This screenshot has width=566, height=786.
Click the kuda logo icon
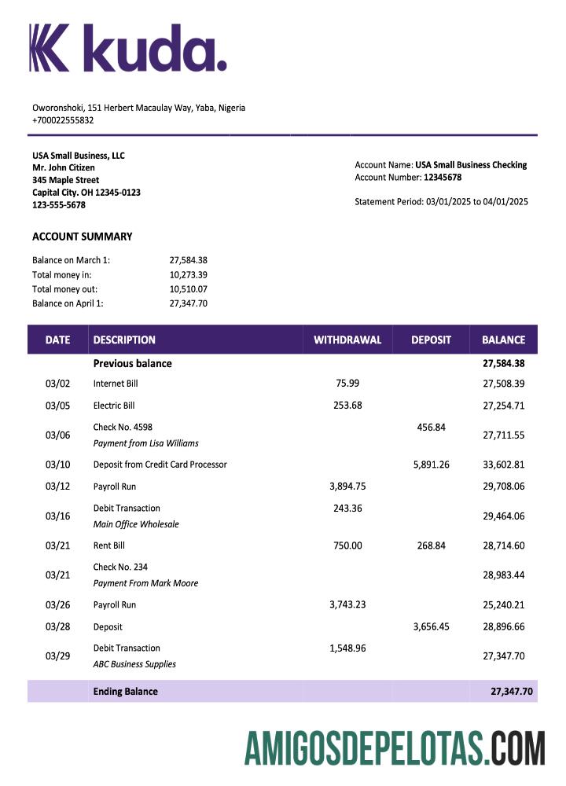pyautogui.click(x=50, y=47)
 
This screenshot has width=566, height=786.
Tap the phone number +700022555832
pyautogui.click(x=63, y=120)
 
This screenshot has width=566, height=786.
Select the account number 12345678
pyautogui.click(x=443, y=178)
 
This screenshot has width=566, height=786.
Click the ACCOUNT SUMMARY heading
pyautogui.click(x=82, y=237)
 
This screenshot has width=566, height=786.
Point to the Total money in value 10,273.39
pyautogui.click(x=188, y=274)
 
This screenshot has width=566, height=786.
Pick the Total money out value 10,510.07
pyautogui.click(x=188, y=288)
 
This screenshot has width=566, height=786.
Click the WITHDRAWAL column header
pyautogui.click(x=347, y=340)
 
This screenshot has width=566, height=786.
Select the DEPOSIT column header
pyautogui.click(x=431, y=340)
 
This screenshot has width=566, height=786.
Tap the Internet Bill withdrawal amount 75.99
pyautogui.click(x=347, y=384)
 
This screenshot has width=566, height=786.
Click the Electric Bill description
pyautogui.click(x=114, y=406)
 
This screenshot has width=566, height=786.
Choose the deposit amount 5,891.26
pyautogui.click(x=431, y=465)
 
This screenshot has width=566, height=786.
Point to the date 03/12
pyautogui.click(x=57, y=487)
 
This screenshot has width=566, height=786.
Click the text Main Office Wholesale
pyautogui.click(x=136, y=524)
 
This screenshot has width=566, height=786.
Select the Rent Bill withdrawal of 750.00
pyautogui.click(x=347, y=545)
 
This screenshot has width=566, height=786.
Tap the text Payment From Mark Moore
pyautogui.click(x=145, y=583)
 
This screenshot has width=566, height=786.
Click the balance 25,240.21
pyautogui.click(x=503, y=605)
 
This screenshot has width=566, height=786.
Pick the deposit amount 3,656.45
pyautogui.click(x=431, y=627)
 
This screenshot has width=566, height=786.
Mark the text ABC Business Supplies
pyautogui.click(x=134, y=664)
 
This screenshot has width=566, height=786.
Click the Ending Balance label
pyautogui.click(x=125, y=692)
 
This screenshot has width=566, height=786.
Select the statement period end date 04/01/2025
pyautogui.click(x=505, y=202)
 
